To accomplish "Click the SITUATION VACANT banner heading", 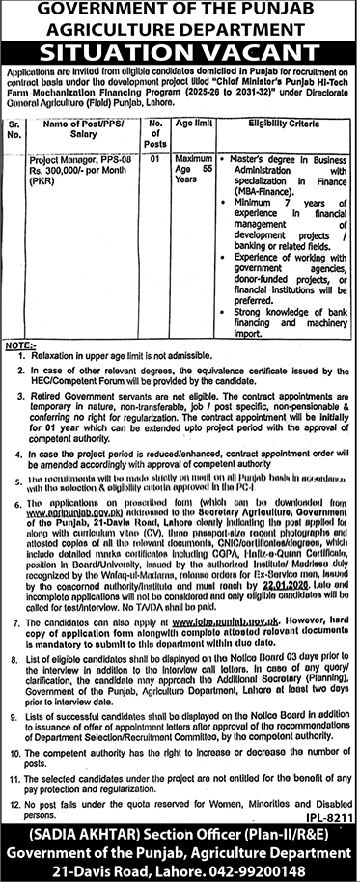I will coord(180,54).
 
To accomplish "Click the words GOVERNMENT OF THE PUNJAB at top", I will coord(180,11).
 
